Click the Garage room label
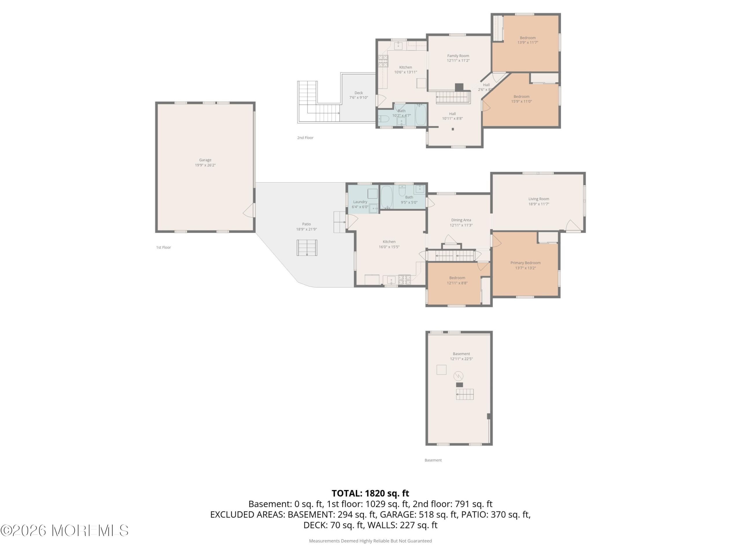click(205, 160)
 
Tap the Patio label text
click(306, 224)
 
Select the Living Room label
click(539, 199)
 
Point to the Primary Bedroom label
click(525, 263)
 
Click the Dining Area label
click(461, 220)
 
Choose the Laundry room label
click(360, 202)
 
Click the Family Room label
click(458, 56)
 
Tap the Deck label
click(358, 93)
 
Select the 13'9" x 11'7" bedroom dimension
click(528, 43)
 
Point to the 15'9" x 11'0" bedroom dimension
click(521, 102)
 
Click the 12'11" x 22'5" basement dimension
click(461, 359)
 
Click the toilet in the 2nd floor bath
click(384, 119)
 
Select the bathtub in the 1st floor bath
click(387, 197)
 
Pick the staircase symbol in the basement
click(465, 394)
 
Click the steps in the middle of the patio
click(307, 248)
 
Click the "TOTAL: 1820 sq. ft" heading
click(370, 493)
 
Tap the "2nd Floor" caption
click(305, 138)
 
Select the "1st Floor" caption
click(164, 248)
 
